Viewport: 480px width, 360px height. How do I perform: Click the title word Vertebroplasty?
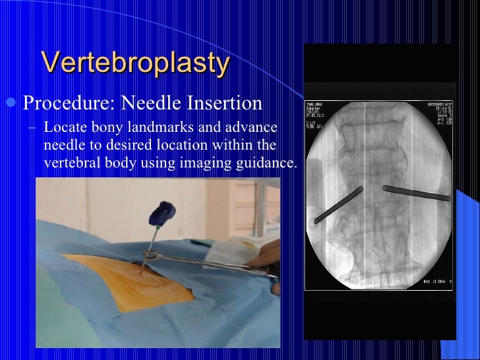tap(135, 63)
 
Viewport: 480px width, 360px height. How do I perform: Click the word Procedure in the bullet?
tap(59, 104)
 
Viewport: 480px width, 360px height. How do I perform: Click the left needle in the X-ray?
tap(339, 205)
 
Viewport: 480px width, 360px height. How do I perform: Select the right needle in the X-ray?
tap(417, 193)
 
